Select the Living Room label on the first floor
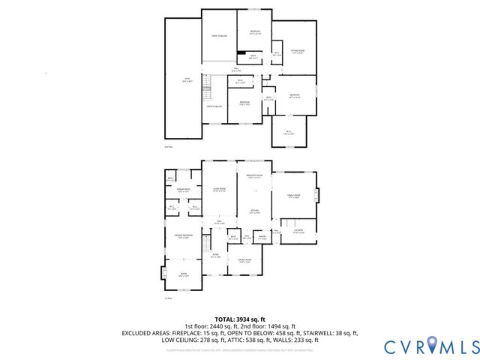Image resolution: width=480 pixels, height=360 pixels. [219, 190]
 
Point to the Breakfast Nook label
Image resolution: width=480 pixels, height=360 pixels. [253, 177]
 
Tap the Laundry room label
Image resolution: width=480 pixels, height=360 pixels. [298, 231]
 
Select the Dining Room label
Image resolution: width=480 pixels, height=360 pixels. [244, 262]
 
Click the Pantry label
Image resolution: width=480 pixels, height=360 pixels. [262, 238]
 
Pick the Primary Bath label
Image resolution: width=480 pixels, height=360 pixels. [183, 190]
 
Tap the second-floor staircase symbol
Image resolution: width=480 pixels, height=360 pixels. [213, 88]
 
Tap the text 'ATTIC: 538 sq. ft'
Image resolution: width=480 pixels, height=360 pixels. [247, 340]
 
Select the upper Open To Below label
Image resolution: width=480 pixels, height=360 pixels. [219, 35]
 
